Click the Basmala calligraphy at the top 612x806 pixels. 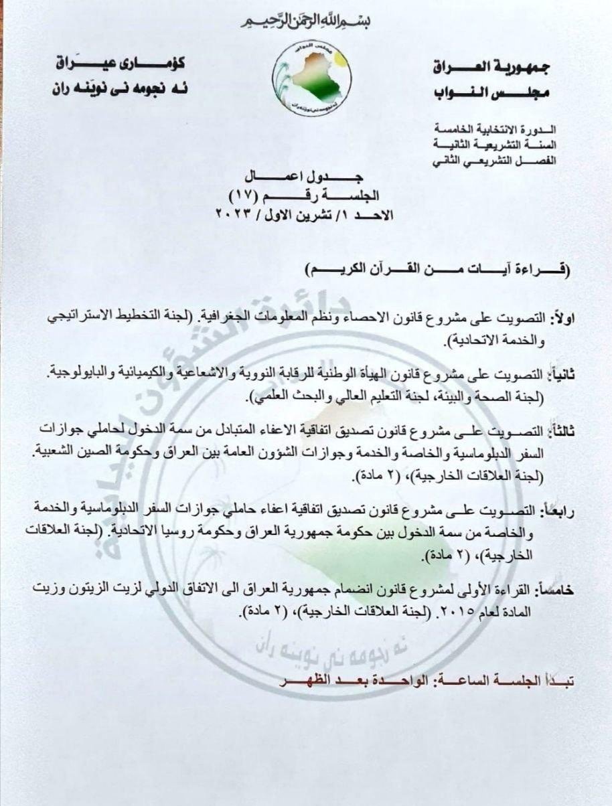tap(305, 21)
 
